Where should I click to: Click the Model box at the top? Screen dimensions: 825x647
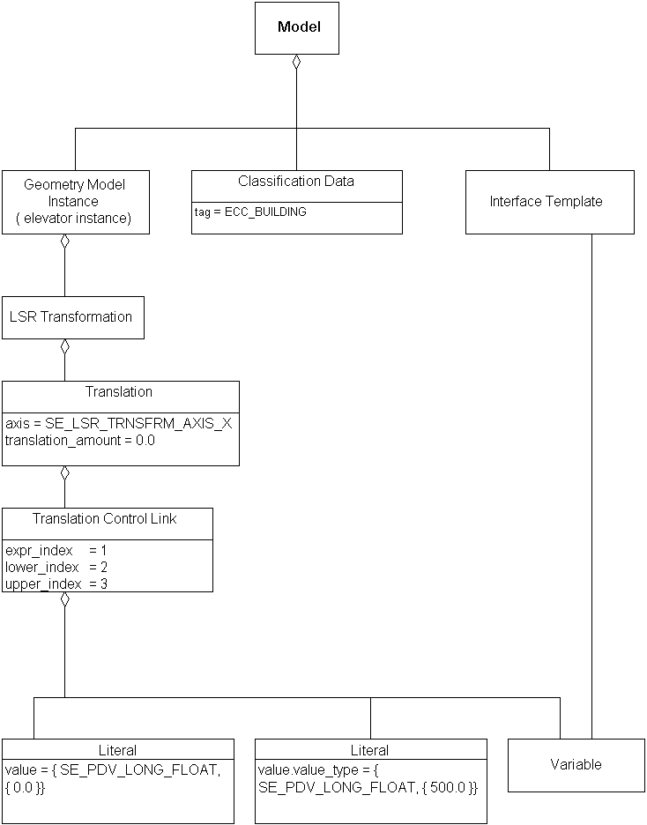click(x=297, y=27)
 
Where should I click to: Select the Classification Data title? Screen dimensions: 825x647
click(x=296, y=182)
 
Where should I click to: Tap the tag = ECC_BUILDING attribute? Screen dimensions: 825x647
click(x=250, y=212)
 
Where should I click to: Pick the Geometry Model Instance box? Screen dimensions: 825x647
click(x=75, y=202)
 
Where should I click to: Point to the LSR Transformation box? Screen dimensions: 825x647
click(x=71, y=317)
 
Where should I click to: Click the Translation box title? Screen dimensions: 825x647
click(x=119, y=392)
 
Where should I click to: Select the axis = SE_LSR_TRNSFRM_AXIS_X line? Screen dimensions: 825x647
click(x=119, y=423)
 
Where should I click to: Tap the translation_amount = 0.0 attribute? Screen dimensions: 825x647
click(x=80, y=440)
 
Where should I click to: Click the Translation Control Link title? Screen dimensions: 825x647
click(x=105, y=519)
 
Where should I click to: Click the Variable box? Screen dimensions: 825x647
click(x=576, y=765)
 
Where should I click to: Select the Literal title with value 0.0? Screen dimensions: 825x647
click(x=118, y=750)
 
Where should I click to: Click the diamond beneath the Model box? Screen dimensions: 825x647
click(x=297, y=63)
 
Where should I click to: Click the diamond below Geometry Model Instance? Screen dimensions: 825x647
click(x=64, y=242)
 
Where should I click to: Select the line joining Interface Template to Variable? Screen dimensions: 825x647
click(x=591, y=485)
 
